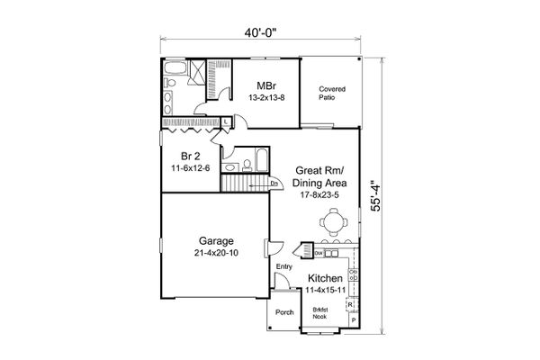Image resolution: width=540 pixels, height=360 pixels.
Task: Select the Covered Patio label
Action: coord(331,94)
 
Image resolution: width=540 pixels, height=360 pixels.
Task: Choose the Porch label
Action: coord(284,313)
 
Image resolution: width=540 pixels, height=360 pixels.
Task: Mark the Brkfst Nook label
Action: coord(319,314)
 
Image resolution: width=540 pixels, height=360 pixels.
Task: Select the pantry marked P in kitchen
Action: coord(353,319)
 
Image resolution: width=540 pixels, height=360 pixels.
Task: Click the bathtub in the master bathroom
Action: coord(175,69)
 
